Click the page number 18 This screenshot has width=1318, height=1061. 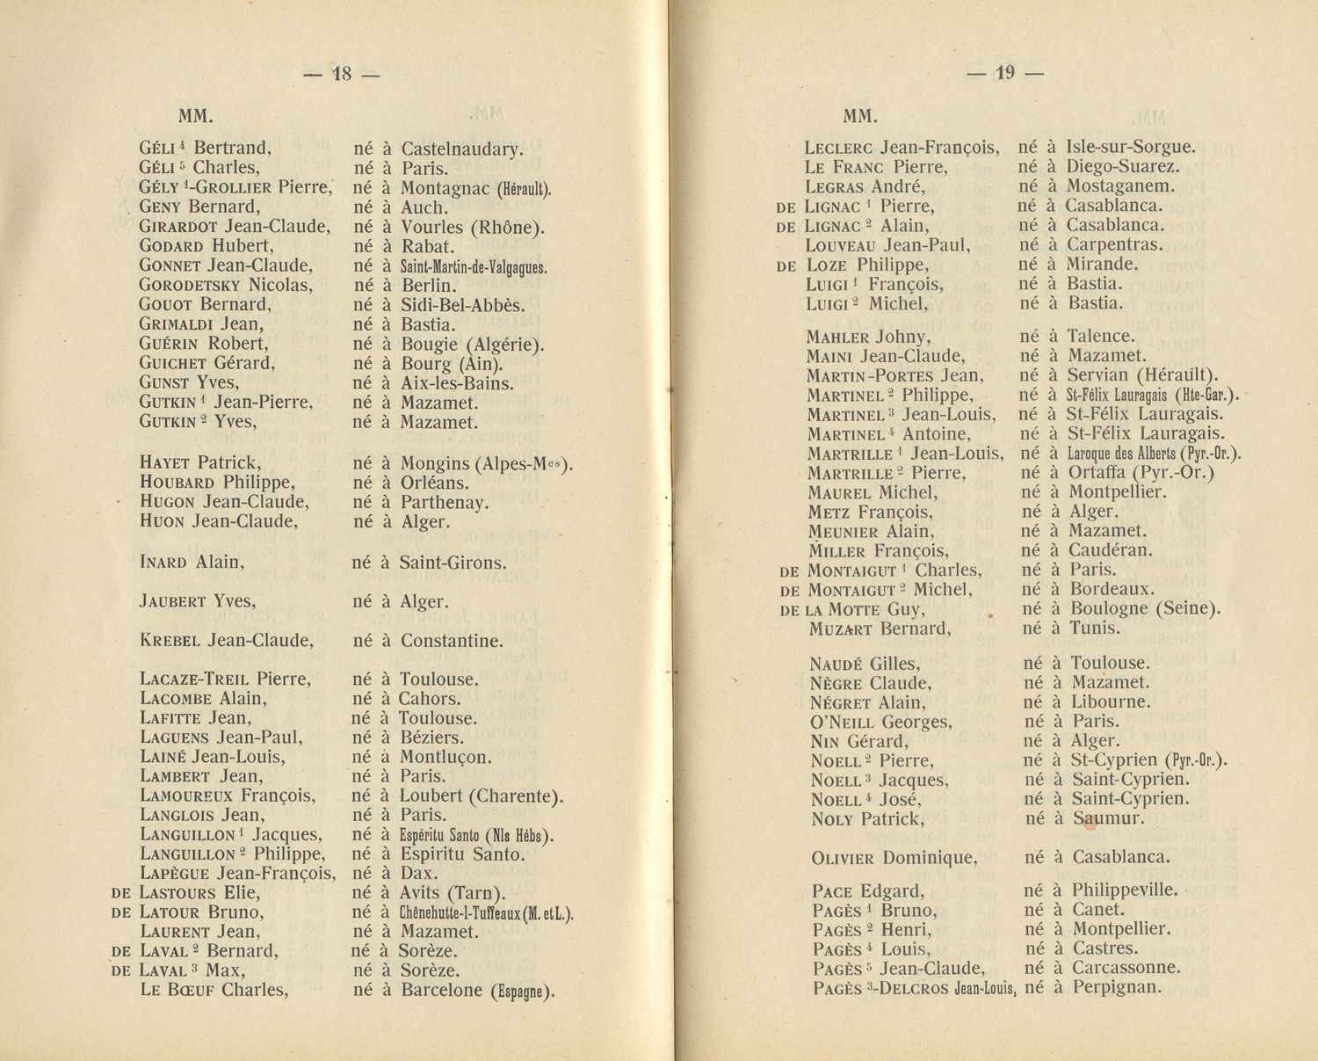341,75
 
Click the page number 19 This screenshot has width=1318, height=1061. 1005,75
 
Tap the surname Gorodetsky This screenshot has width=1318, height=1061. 191,285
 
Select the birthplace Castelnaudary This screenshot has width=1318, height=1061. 461,149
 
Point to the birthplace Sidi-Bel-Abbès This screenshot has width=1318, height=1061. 462,305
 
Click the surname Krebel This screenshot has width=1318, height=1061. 170,641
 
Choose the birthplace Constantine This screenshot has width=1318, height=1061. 452,641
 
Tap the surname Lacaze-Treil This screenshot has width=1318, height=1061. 194,679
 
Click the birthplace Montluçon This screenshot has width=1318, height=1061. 445,757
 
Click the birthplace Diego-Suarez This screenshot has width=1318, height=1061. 1123,167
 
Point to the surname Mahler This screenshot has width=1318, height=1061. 837,337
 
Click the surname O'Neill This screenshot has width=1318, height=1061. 842,723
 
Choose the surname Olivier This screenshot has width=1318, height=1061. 843,858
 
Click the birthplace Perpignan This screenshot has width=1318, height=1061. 1116,987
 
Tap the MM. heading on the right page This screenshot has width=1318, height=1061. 860,116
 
